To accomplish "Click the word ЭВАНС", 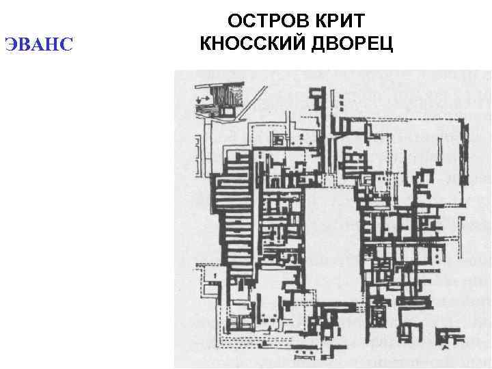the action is [38, 45].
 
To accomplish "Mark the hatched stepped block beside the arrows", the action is [223, 96].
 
